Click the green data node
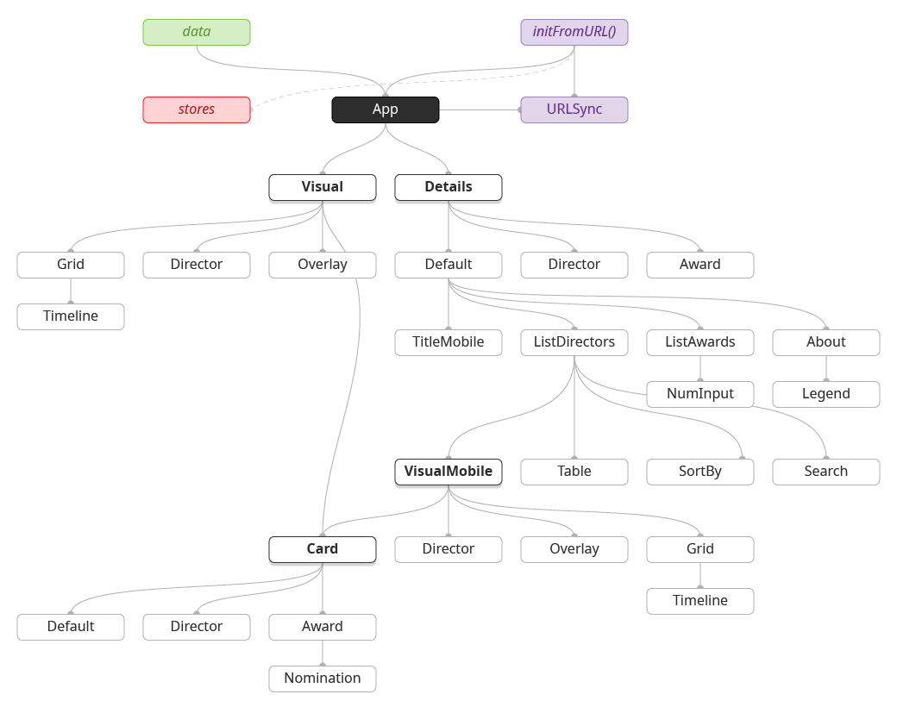coord(197,32)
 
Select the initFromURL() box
coord(574,32)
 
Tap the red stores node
coord(197,109)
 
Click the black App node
coord(386,109)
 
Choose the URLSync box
coord(574,109)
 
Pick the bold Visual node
coord(323,187)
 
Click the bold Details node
coord(448,187)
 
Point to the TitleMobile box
coord(448,342)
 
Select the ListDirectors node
coord(574,342)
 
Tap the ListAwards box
coord(700,342)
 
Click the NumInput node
coord(700,394)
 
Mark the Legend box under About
coord(826,394)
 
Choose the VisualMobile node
coord(448,472)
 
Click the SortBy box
coord(700,472)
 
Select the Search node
coord(826,472)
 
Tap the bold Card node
coord(323,549)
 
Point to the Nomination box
coord(323,679)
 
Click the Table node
coord(574,472)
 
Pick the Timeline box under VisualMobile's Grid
coord(700,601)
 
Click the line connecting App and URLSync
coord(480,109)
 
